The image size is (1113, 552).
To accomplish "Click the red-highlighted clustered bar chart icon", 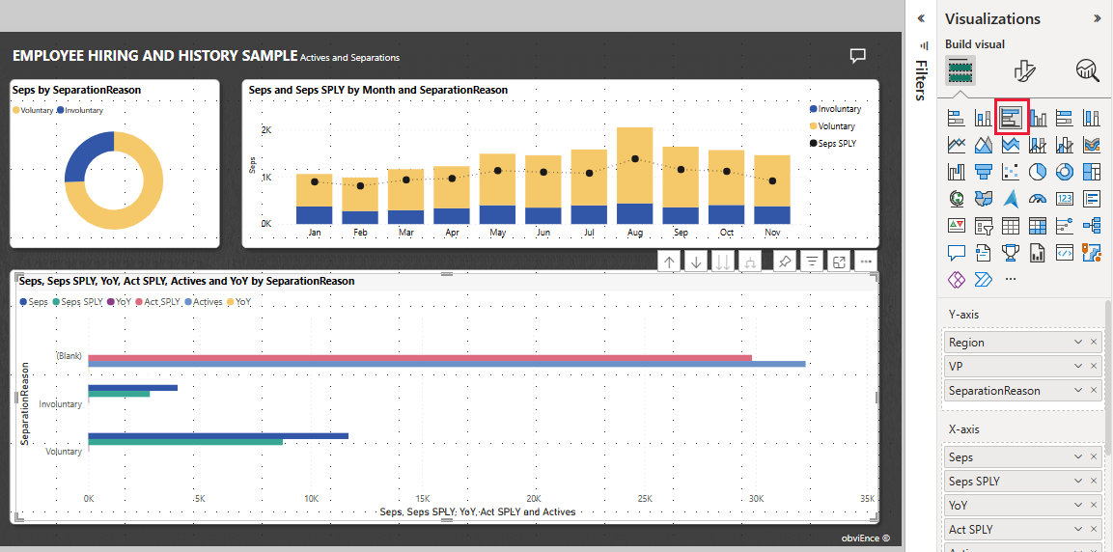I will point(1011,118).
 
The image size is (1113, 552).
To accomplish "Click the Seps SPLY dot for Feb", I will point(360,185).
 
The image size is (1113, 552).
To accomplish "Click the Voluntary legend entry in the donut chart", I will point(33,111).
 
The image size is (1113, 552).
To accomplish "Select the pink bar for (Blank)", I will point(419,357).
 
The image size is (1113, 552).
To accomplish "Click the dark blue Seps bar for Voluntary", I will point(217,436).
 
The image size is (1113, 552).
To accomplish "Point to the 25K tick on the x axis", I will point(645,499).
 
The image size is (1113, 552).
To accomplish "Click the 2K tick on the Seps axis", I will point(264,130).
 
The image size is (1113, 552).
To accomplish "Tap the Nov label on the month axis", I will point(771,233).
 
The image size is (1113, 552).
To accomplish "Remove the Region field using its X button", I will point(1094,343).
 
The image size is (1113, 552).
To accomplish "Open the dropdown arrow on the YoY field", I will point(1078,506).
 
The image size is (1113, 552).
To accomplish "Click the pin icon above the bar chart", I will point(785,262).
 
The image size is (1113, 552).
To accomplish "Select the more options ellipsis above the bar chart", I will point(866,262).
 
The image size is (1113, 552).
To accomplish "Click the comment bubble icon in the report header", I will point(857,56).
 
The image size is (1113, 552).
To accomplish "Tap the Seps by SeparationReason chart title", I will point(76,90).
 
